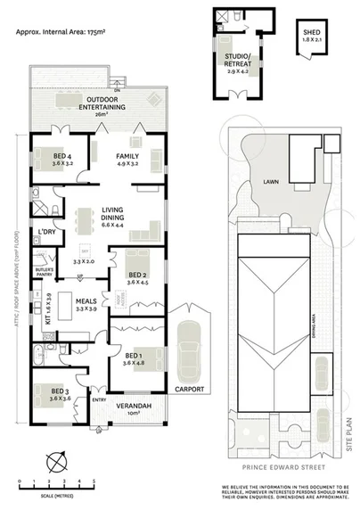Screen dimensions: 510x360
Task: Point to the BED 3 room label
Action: [60, 394]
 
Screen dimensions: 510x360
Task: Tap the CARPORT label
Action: [190, 389]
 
